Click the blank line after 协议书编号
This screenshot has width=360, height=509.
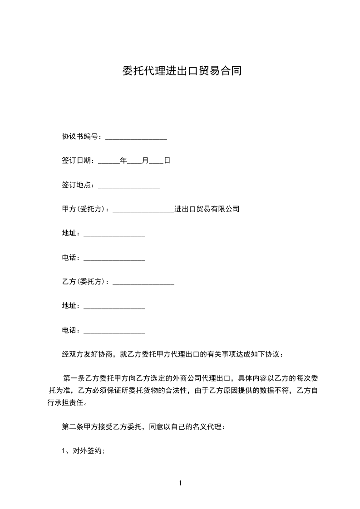pyautogui.click(x=136, y=137)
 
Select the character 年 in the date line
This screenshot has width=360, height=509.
pyautogui.click(x=123, y=161)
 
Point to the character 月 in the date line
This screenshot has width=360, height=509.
pyautogui.click(x=145, y=161)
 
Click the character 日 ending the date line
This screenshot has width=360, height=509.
pyautogui.click(x=167, y=161)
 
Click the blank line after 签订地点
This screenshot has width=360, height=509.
pyautogui.click(x=129, y=186)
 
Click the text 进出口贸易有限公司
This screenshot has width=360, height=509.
pyautogui.click(x=207, y=209)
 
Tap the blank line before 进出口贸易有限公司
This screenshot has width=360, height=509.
pyautogui.click(x=143, y=210)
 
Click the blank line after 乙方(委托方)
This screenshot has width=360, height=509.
pyautogui.click(x=143, y=283)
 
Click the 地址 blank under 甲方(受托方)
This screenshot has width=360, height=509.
pyautogui.click(x=114, y=235)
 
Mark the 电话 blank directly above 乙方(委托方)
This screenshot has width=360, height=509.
pyautogui.click(x=114, y=259)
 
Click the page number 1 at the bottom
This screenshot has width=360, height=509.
pyautogui.click(x=180, y=484)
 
